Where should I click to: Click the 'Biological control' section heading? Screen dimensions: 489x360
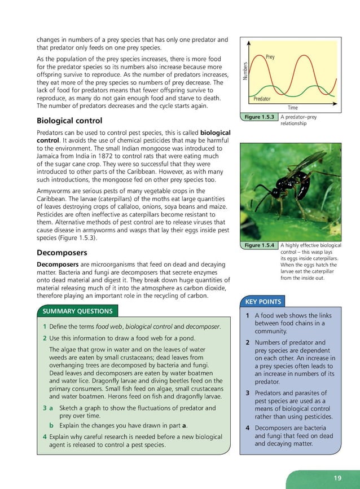point(69,121)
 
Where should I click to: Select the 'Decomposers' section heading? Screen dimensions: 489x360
point(62,253)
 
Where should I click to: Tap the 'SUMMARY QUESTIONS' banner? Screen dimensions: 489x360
point(78,311)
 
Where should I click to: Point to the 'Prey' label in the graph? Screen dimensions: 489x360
point(270,58)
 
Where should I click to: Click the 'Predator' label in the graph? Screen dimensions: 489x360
point(262,99)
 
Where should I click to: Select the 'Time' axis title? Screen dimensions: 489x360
point(293,108)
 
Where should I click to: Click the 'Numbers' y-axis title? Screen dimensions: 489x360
point(245,71)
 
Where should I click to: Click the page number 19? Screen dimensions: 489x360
point(337,478)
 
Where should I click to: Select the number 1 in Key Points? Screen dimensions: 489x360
point(248,316)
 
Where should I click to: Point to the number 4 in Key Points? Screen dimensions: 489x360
point(248,428)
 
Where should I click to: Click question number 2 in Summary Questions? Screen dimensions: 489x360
point(44,338)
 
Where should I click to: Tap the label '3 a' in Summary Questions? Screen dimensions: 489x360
point(47,407)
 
